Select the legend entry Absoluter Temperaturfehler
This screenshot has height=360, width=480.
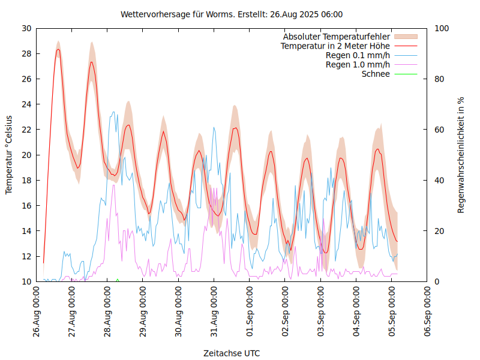[337, 37]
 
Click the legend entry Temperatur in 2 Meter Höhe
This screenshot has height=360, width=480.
[335, 46]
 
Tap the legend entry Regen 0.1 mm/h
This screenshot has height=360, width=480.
[358, 55]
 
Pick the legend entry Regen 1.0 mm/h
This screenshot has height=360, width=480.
[358, 65]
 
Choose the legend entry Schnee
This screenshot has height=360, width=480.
[376, 74]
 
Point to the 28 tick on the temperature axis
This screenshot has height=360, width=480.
[27, 53]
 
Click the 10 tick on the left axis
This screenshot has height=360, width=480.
[27, 281]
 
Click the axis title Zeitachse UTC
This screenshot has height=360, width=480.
[232, 353]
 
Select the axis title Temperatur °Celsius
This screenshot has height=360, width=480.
[9, 155]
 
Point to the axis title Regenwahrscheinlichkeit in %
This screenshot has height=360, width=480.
[461, 155]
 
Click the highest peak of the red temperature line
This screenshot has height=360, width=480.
[58, 50]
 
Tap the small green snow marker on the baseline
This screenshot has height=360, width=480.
[118, 280]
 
